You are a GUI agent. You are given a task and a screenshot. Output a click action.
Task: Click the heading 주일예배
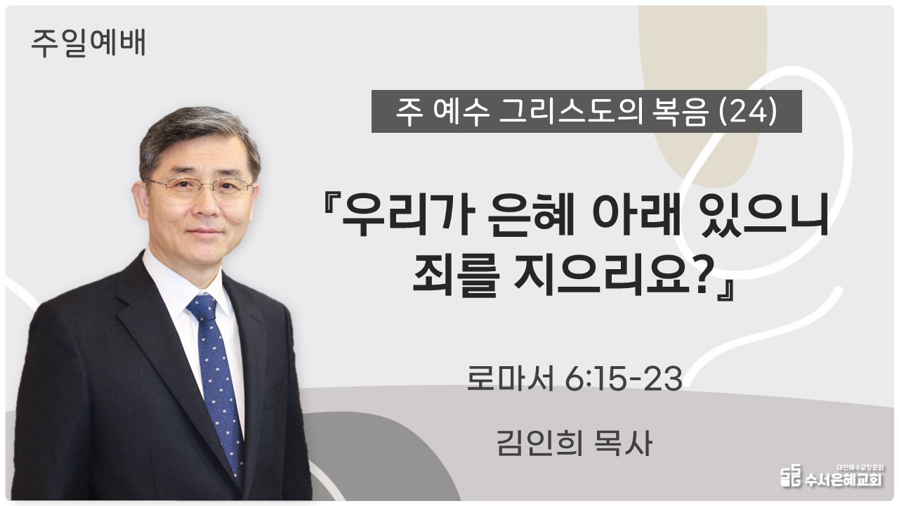coord(88,43)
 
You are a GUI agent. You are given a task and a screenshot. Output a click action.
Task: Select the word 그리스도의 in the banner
coord(569,112)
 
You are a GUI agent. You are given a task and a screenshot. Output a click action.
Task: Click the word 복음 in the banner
coord(678,112)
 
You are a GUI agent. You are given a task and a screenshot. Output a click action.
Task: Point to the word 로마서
coord(511,379)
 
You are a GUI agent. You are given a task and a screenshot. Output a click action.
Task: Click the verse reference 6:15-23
coord(624,379)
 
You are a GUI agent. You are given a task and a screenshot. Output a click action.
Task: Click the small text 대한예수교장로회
coord(860,467)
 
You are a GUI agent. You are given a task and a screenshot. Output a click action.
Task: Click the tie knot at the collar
coord(202,307)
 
